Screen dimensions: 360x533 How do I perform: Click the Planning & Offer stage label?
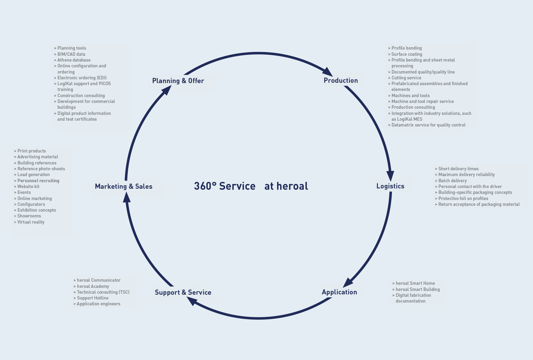click(178, 81)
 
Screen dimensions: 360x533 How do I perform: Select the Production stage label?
click(341, 81)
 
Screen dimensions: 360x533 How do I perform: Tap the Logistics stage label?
click(390, 186)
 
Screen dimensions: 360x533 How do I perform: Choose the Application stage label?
click(339, 292)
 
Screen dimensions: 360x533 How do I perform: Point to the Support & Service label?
click(183, 293)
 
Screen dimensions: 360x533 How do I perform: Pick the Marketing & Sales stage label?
click(123, 187)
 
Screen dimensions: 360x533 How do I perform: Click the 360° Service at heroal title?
click(251, 186)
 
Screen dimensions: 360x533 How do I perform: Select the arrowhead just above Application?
click(348, 282)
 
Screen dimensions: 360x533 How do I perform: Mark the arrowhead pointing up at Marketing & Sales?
click(126, 197)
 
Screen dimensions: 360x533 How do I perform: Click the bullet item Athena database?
click(74, 60)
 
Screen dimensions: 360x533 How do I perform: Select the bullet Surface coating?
click(407, 54)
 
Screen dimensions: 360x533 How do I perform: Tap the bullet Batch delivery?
click(452, 181)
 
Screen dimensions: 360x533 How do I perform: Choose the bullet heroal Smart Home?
click(415, 283)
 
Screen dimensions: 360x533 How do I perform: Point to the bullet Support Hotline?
click(93, 298)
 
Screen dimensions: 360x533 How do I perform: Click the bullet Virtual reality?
click(31, 222)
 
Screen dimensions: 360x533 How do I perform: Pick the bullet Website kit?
click(28, 187)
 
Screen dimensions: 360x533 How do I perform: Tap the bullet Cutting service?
click(406, 78)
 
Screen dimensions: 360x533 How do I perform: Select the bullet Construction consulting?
click(81, 96)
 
